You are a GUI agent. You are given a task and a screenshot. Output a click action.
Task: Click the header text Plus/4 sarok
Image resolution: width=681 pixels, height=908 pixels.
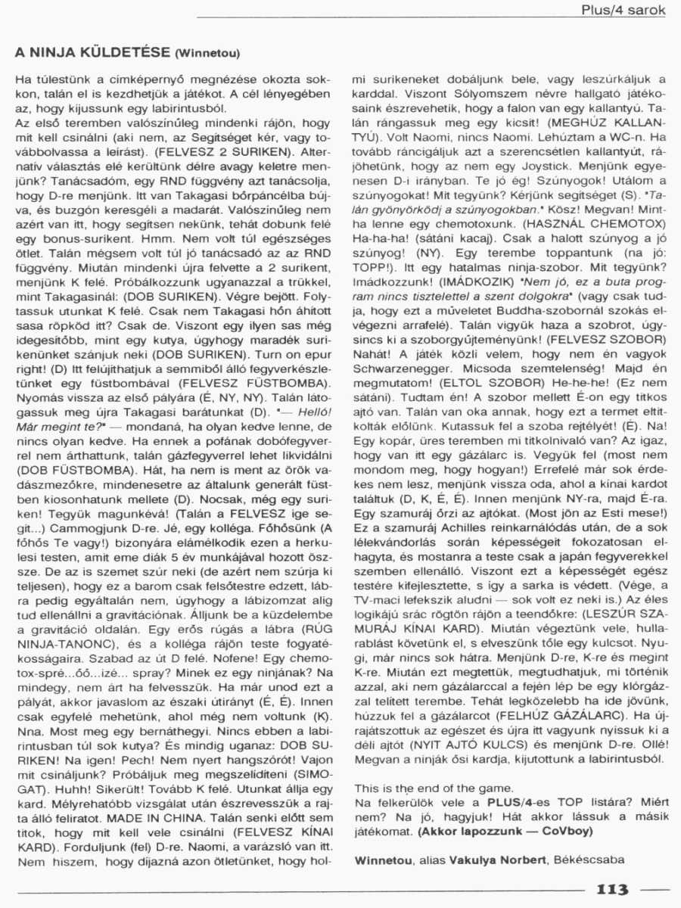[x=623, y=10]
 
